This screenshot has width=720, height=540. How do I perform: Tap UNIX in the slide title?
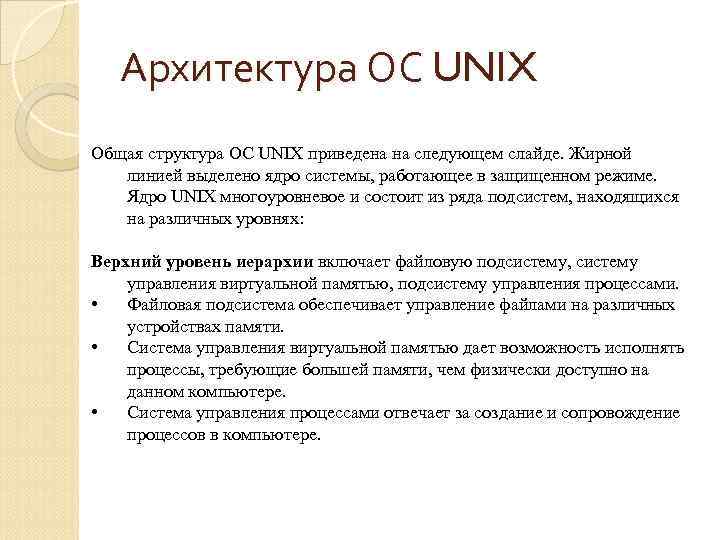point(487,71)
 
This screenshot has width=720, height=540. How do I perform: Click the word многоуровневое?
point(280,197)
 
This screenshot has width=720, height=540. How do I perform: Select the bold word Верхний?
point(123,262)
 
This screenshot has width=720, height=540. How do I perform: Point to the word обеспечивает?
point(344,305)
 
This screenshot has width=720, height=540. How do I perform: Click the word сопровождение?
point(620,413)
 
